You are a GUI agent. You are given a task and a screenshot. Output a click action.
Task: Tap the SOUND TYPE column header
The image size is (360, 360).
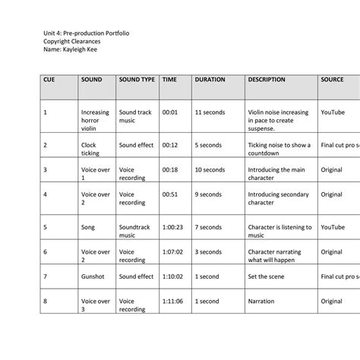pos(137,79)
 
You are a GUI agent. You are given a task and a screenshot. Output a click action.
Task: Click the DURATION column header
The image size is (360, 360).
pos(210,79)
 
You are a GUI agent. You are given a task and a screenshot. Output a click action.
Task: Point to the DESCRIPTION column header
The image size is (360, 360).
pos(267,79)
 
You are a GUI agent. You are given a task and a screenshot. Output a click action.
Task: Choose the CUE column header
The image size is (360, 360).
pos(49,79)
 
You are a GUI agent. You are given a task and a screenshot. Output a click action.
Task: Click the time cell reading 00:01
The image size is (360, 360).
pos(169,112)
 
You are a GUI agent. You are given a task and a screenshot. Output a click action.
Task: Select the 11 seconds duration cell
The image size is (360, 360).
pos(209,112)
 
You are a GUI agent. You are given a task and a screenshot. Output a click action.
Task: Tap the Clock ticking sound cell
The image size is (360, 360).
pos(90,149)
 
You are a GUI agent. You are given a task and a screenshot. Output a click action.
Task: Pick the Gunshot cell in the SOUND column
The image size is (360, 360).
pos(93,276)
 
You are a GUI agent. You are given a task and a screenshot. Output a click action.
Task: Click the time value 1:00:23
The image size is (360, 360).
pos(172,226)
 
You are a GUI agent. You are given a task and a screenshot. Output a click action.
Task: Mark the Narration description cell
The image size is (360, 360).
pos(261,301)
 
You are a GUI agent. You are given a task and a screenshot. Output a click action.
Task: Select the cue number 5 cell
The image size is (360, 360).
pos(46,226)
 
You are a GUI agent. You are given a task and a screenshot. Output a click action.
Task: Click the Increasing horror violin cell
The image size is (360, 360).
pos(95,120)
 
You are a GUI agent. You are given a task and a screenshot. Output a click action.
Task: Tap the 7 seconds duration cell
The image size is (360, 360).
pos(207,226)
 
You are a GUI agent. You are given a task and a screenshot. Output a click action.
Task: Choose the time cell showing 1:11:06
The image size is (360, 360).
pos(172,301)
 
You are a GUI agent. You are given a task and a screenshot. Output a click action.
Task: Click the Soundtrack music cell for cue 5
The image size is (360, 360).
pos(135,231)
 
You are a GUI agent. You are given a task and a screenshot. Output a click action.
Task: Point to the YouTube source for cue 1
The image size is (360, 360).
pos(333,112)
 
